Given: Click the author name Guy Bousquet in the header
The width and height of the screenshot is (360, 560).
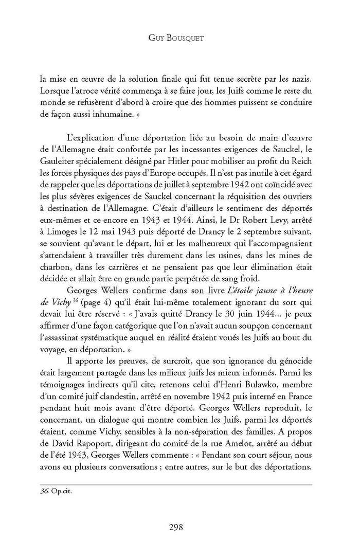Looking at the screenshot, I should (x=179, y=38).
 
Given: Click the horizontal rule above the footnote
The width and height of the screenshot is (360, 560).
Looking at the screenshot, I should (x=179, y=484).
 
